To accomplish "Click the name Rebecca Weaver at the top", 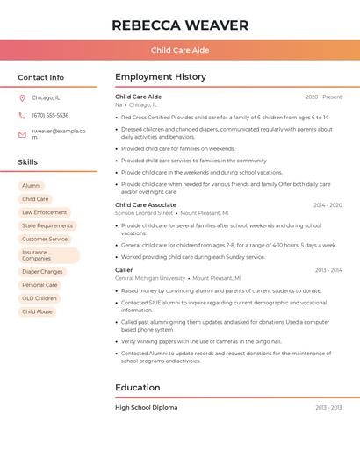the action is [180, 25].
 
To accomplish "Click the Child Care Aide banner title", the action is [180, 50].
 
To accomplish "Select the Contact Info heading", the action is [40, 77].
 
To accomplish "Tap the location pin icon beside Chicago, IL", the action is [22, 97].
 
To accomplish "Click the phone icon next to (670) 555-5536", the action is [22, 115].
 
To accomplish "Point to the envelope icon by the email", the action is [22, 134].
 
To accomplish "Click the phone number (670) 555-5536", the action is [50, 115].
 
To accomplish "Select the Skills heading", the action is [27, 162].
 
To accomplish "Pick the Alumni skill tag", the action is [32, 186].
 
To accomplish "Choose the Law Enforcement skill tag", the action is [44, 212].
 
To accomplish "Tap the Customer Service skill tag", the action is [45, 239].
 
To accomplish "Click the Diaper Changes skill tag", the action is [42, 272].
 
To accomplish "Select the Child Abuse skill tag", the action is [37, 311].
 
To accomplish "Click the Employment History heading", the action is [161, 77].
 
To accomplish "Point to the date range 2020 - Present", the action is [323, 97].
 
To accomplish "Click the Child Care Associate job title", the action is [146, 204].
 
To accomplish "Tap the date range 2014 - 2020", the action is [328, 204].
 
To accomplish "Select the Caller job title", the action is [124, 270].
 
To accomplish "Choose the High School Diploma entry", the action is [146, 407].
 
